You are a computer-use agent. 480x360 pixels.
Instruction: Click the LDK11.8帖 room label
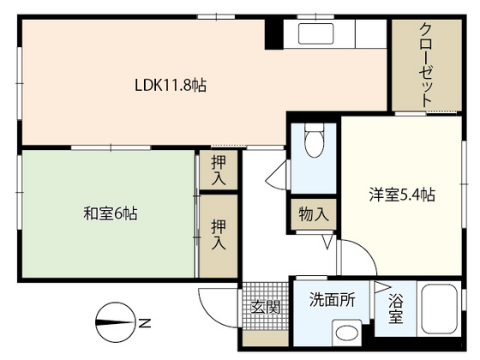171,86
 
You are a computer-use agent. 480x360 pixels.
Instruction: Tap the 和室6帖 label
111,213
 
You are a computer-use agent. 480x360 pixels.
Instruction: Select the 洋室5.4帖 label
402,195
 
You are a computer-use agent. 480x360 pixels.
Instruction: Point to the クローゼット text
425,65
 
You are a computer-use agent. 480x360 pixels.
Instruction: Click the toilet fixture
314,140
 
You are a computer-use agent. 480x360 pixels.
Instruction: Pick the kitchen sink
316,33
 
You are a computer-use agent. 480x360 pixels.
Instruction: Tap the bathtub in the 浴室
439,309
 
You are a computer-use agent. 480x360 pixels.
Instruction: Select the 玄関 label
266,307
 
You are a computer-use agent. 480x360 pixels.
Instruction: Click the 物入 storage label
314,213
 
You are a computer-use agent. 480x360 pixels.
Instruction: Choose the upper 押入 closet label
219,170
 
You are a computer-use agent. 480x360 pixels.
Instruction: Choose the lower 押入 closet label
219,234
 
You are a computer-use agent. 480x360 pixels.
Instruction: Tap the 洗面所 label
333,299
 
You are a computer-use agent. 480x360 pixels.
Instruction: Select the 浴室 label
395,308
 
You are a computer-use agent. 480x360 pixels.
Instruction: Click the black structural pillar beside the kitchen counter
273,33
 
